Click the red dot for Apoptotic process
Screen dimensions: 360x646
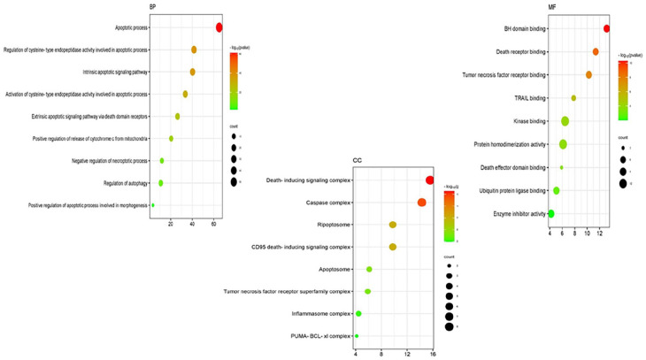pyautogui.click(x=219, y=27)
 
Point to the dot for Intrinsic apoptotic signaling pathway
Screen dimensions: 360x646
pyautogui.click(x=193, y=72)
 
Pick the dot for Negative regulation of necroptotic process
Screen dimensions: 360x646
pyautogui.click(x=162, y=161)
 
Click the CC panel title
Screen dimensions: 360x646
pyautogui.click(x=358, y=161)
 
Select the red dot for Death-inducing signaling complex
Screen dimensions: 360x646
pyautogui.click(x=430, y=180)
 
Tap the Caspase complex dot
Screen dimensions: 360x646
pyautogui.click(x=422, y=203)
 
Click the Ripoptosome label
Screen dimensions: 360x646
pyautogui.click(x=334, y=225)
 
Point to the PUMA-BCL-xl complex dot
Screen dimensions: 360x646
pyautogui.click(x=357, y=335)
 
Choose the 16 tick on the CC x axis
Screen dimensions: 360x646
pyautogui.click(x=432, y=354)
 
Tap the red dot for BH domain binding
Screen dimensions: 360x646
pyautogui.click(x=607, y=29)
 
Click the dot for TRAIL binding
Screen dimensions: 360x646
pyautogui.click(x=573, y=98)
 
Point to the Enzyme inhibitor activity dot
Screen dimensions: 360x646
pyautogui.click(x=550, y=213)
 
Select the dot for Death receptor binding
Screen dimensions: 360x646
pyautogui.click(x=596, y=52)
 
